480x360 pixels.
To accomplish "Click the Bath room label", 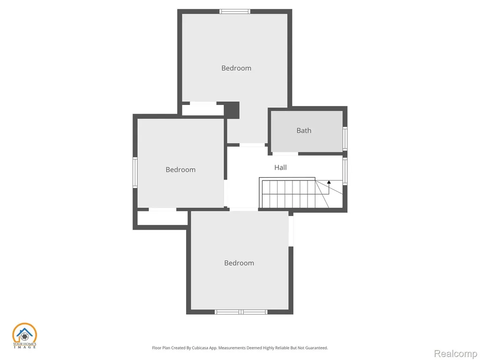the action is (304, 130).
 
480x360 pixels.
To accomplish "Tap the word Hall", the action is (280, 167).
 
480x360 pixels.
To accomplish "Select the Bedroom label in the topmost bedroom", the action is (236, 68).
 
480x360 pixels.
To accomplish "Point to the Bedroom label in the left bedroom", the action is (180, 170).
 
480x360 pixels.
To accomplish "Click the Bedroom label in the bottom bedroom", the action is (239, 263).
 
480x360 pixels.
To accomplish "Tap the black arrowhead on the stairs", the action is (329, 182).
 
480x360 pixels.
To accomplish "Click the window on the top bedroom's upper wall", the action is (235, 12).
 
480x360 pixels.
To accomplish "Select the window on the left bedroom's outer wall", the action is (135, 172).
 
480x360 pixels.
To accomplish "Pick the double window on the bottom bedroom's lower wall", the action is (241, 312).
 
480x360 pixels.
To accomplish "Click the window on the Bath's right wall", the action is (345, 139).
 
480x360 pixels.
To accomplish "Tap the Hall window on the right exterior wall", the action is (345, 171).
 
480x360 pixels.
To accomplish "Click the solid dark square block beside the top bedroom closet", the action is (232, 110).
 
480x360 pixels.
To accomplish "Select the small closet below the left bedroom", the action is (162, 218).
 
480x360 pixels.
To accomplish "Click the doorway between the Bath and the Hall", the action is (285, 154).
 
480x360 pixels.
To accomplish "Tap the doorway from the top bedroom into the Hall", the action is (252, 145).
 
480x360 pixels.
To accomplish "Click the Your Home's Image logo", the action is (24, 336).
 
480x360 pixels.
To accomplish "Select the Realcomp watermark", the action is (456, 353).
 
